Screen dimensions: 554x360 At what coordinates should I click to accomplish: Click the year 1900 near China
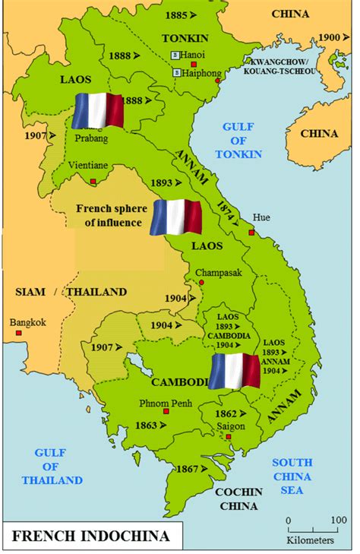point(329,37)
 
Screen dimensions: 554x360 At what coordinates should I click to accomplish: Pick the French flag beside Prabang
point(97,111)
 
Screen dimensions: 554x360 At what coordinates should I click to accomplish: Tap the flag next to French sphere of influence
point(176,217)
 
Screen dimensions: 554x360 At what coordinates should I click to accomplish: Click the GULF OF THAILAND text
point(52,466)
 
